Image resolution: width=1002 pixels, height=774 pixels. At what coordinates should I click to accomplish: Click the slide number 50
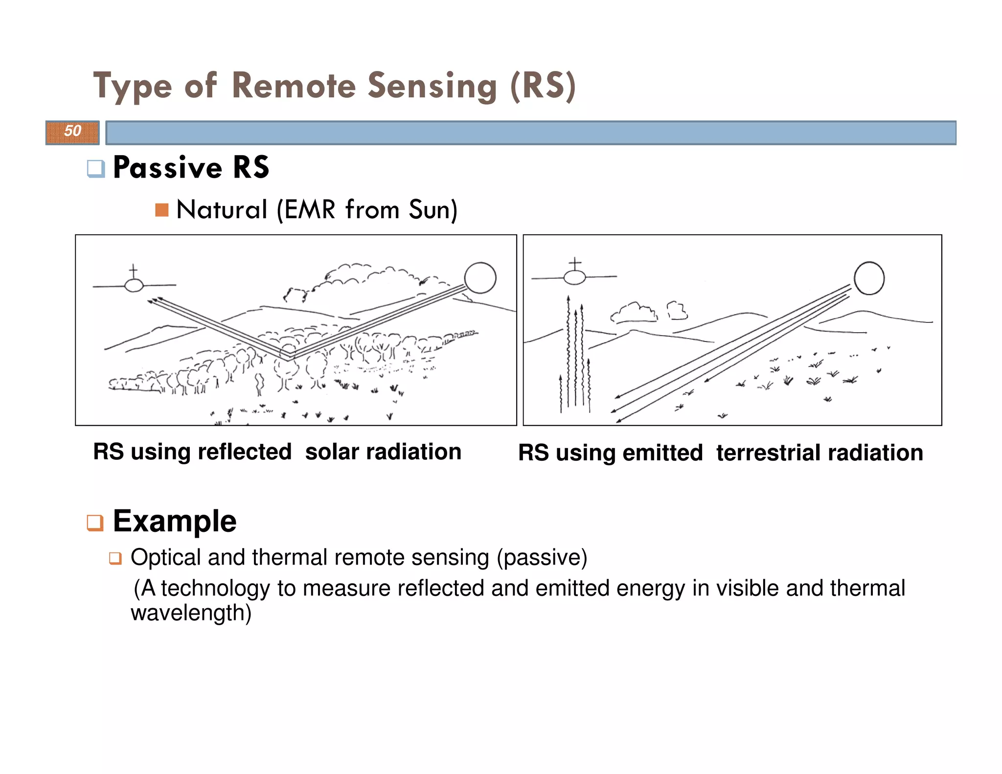pyautogui.click(x=72, y=131)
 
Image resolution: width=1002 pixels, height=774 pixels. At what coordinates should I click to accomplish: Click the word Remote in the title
pyautogui.click(x=294, y=86)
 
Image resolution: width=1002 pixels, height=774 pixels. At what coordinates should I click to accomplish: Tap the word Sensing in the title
pyautogui.click(x=432, y=86)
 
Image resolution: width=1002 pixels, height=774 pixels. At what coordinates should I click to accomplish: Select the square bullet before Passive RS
pyautogui.click(x=96, y=169)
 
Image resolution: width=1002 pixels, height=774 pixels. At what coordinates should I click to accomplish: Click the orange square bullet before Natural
pyautogui.click(x=161, y=210)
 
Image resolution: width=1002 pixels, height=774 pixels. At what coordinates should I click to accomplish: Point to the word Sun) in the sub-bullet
pyautogui.click(x=433, y=210)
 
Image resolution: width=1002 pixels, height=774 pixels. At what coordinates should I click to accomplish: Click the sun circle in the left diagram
pyautogui.click(x=480, y=277)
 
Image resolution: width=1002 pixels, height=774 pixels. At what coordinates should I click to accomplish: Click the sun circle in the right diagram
pyautogui.click(x=869, y=278)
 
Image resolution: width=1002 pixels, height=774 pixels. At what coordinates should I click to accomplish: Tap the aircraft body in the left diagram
pyautogui.click(x=134, y=285)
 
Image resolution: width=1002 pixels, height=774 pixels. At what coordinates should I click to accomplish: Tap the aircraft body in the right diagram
pyautogui.click(x=574, y=277)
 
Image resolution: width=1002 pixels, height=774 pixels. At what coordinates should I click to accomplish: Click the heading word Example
pyautogui.click(x=175, y=521)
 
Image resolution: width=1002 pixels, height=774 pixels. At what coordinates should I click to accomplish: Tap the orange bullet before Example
pyautogui.click(x=95, y=523)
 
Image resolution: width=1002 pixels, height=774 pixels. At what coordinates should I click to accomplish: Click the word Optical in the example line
pyautogui.click(x=166, y=558)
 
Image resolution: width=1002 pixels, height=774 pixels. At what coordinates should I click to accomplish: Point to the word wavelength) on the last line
pyautogui.click(x=191, y=613)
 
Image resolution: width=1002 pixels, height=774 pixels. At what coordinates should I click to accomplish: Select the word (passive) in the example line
pyautogui.click(x=542, y=558)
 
